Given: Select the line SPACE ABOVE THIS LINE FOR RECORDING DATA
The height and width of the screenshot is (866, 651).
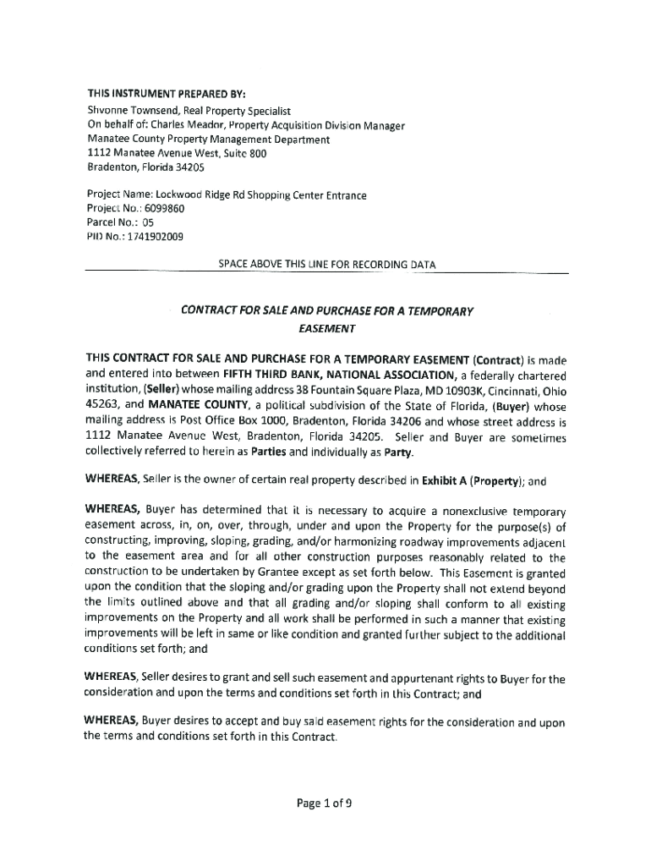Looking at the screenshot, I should (326, 265).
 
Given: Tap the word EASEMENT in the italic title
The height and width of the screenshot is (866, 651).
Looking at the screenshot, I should (326, 328).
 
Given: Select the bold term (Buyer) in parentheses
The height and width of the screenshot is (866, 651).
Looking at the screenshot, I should (506, 405).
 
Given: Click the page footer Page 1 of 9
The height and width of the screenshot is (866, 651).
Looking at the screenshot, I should (325, 804).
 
